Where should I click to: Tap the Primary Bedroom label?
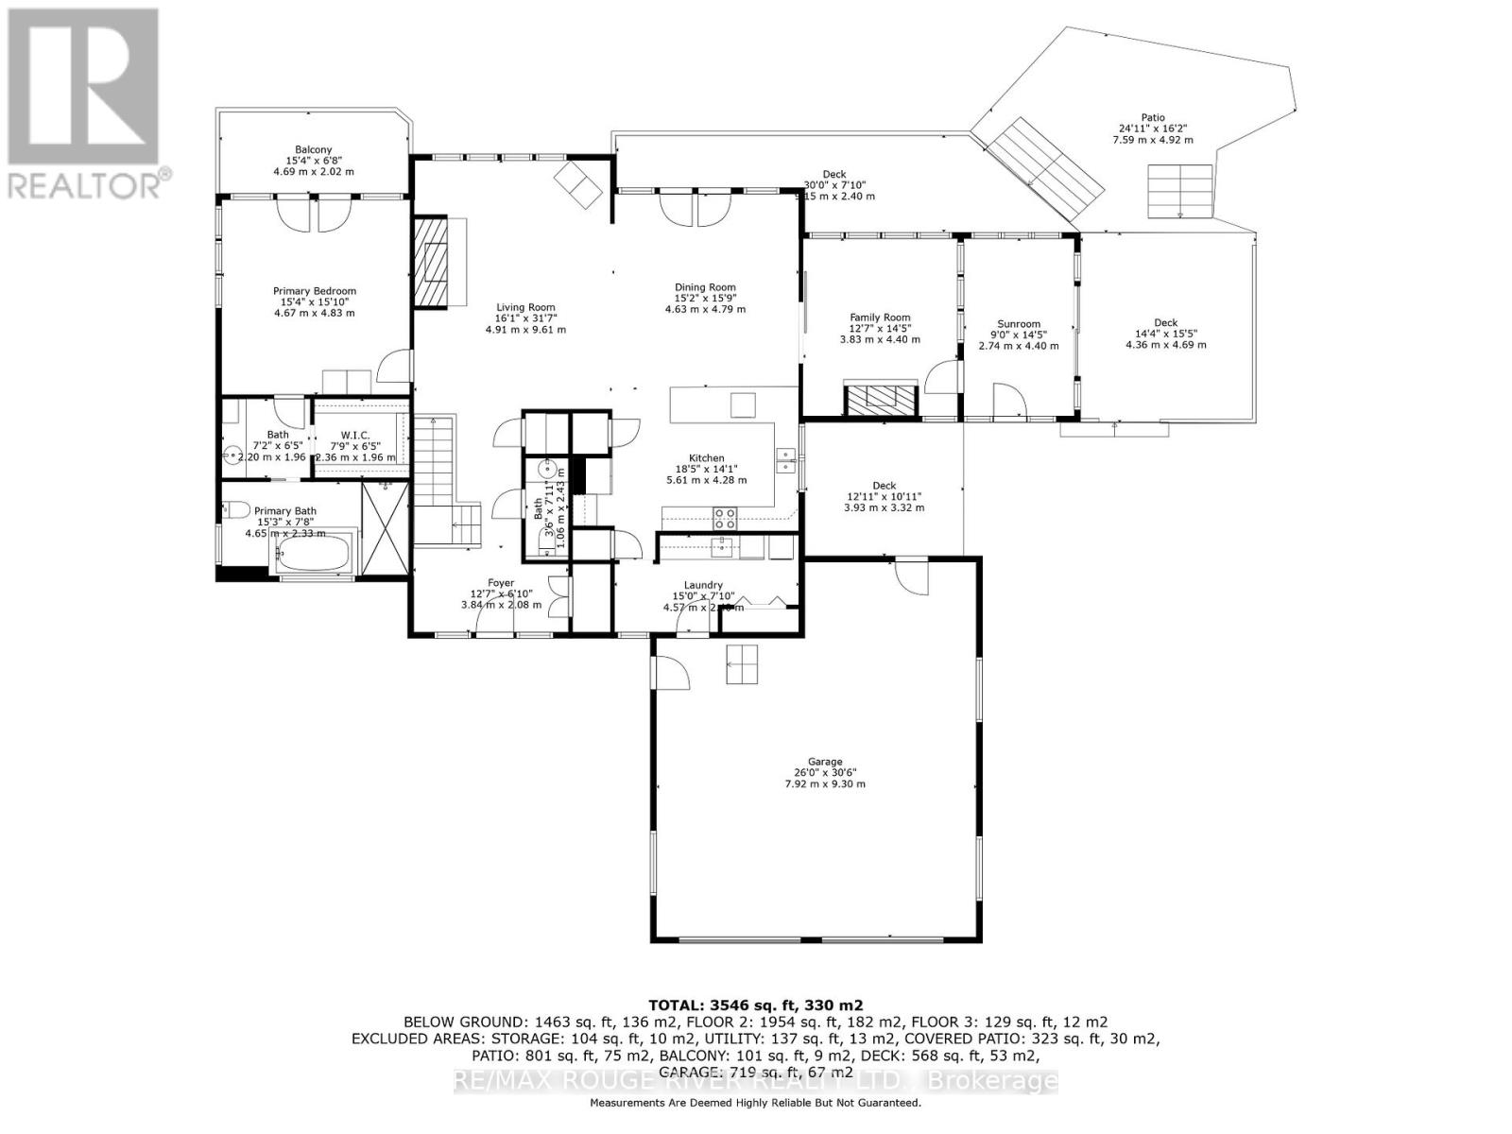[315, 291]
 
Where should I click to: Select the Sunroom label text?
[1018, 324]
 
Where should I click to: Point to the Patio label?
[1152, 118]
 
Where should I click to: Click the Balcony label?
[313, 150]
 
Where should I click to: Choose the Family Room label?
[880, 318]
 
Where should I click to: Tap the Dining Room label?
[704, 287]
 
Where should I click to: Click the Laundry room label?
[703, 585]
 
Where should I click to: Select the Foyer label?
[501, 583]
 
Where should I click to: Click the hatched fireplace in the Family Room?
[880, 400]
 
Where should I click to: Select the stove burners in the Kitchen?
[725, 518]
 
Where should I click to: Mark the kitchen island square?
[743, 404]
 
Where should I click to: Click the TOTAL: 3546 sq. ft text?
[755, 1005]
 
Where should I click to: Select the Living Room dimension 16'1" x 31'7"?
[525, 318]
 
